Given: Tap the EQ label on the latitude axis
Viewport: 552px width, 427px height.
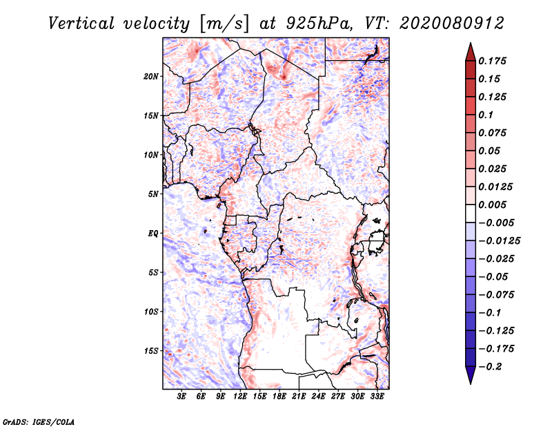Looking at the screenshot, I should pyautogui.click(x=153, y=234).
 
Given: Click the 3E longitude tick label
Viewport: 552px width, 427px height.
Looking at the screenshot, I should pyautogui.click(x=181, y=397).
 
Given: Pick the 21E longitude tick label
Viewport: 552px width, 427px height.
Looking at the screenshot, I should pyautogui.click(x=299, y=397).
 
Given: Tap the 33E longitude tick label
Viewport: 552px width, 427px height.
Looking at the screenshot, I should pyautogui.click(x=377, y=397).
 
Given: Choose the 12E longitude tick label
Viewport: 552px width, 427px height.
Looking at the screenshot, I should pyautogui.click(x=240, y=397).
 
